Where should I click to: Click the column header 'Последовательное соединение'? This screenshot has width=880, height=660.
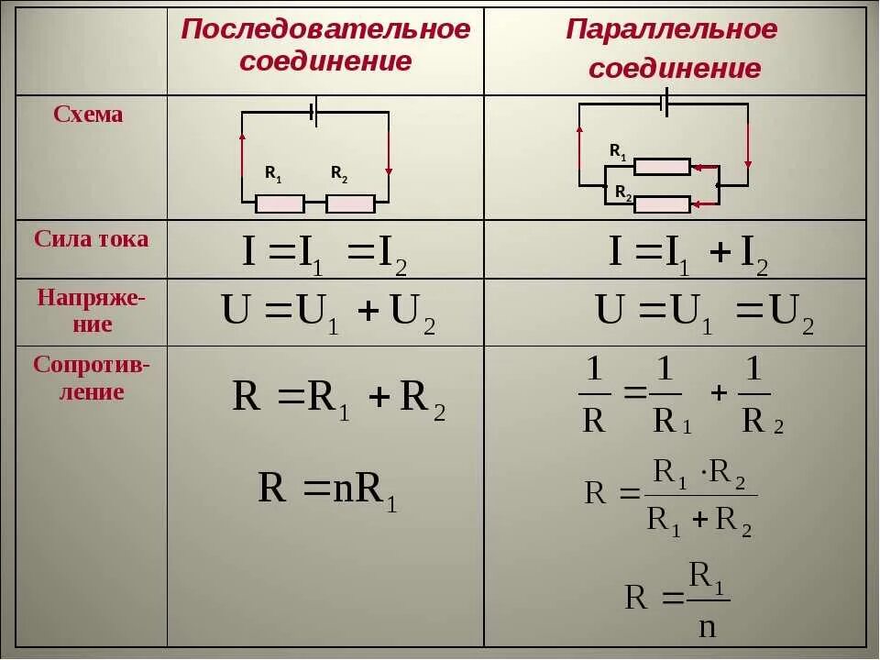pyautogui.click(x=325, y=45)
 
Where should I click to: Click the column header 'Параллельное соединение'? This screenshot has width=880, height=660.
pyautogui.click(x=673, y=49)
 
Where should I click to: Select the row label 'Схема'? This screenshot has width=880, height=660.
pyautogui.click(x=88, y=115)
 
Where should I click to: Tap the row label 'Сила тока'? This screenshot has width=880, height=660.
pyautogui.click(x=91, y=239)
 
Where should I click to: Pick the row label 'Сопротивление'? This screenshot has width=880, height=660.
pyautogui.click(x=91, y=378)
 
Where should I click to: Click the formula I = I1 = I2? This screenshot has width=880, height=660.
pyautogui.click(x=324, y=252)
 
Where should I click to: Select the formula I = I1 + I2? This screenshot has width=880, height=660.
pyautogui.click(x=688, y=252)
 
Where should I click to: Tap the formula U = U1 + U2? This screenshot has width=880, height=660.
pyautogui.click(x=328, y=313)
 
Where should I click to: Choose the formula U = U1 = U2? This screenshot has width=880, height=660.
pyautogui.click(x=704, y=312)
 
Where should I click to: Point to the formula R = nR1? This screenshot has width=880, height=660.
pyautogui.click(x=327, y=489)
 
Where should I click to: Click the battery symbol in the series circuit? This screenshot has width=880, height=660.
pyautogui.click(x=313, y=112)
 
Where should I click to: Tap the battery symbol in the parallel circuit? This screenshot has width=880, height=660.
pyautogui.click(x=665, y=104)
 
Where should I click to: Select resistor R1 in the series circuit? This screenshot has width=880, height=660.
pyautogui.click(x=280, y=203)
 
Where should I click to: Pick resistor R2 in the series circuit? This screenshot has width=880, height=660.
pyautogui.click(x=350, y=203)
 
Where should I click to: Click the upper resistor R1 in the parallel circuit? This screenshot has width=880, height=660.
pyautogui.click(x=662, y=167)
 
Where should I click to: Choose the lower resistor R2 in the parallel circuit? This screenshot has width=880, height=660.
pyautogui.click(x=662, y=204)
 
